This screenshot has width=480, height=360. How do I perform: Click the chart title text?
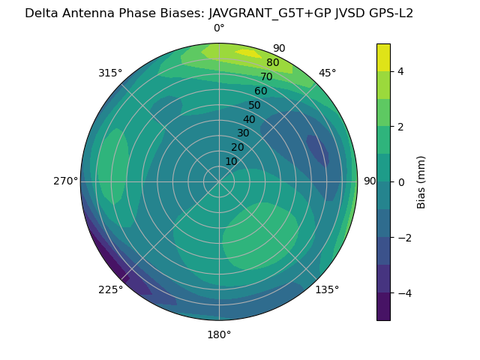click(x=219, y=13)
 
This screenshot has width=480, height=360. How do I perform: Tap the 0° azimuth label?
click(x=219, y=28)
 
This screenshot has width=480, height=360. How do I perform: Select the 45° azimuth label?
click(x=327, y=73)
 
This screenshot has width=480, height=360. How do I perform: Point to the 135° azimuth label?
click(x=327, y=289)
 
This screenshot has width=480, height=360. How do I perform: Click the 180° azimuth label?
click(x=219, y=334)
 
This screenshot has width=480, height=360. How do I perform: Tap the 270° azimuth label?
click(x=65, y=181)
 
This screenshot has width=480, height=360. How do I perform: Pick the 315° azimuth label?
click(x=110, y=73)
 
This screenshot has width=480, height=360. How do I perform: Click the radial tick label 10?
click(x=231, y=161)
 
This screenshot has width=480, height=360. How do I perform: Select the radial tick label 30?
click(x=243, y=133)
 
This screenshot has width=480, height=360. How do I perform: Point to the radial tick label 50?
click(x=255, y=106)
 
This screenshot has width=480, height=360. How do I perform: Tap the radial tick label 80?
click(x=272, y=63)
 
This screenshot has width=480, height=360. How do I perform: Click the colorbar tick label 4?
click(x=400, y=71)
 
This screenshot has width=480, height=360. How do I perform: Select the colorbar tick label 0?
click(x=400, y=182)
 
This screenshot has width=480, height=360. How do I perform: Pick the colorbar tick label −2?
click(x=403, y=238)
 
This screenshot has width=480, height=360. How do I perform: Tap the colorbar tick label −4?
click(x=403, y=293)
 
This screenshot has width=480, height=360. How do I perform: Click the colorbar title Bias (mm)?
click(x=421, y=182)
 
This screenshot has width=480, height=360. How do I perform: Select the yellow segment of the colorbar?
click(x=383, y=57)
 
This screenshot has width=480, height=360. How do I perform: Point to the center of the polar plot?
click(x=219, y=181)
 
